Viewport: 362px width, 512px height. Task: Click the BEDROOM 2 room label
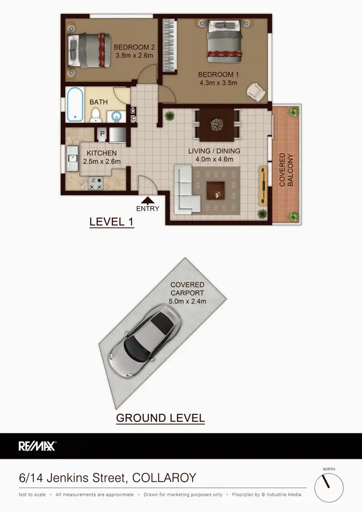coord(134,47)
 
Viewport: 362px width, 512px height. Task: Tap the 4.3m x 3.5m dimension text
coord(218,83)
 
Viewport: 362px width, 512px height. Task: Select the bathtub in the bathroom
coord(75,104)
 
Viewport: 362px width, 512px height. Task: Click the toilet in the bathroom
coord(96,114)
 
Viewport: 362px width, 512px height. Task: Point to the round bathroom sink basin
coord(116,116)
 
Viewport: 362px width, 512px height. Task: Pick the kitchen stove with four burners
coord(96,183)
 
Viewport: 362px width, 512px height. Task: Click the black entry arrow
coord(148,199)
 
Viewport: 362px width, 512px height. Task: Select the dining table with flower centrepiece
coord(217,124)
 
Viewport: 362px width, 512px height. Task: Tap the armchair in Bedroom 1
coord(255,90)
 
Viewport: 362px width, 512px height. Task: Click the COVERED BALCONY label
coord(286,170)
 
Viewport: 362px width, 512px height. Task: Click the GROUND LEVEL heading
coord(160,417)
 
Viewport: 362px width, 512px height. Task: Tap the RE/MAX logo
coord(37,446)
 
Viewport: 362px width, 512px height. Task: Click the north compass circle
coord(329,487)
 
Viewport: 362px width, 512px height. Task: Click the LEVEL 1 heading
coord(111,222)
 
